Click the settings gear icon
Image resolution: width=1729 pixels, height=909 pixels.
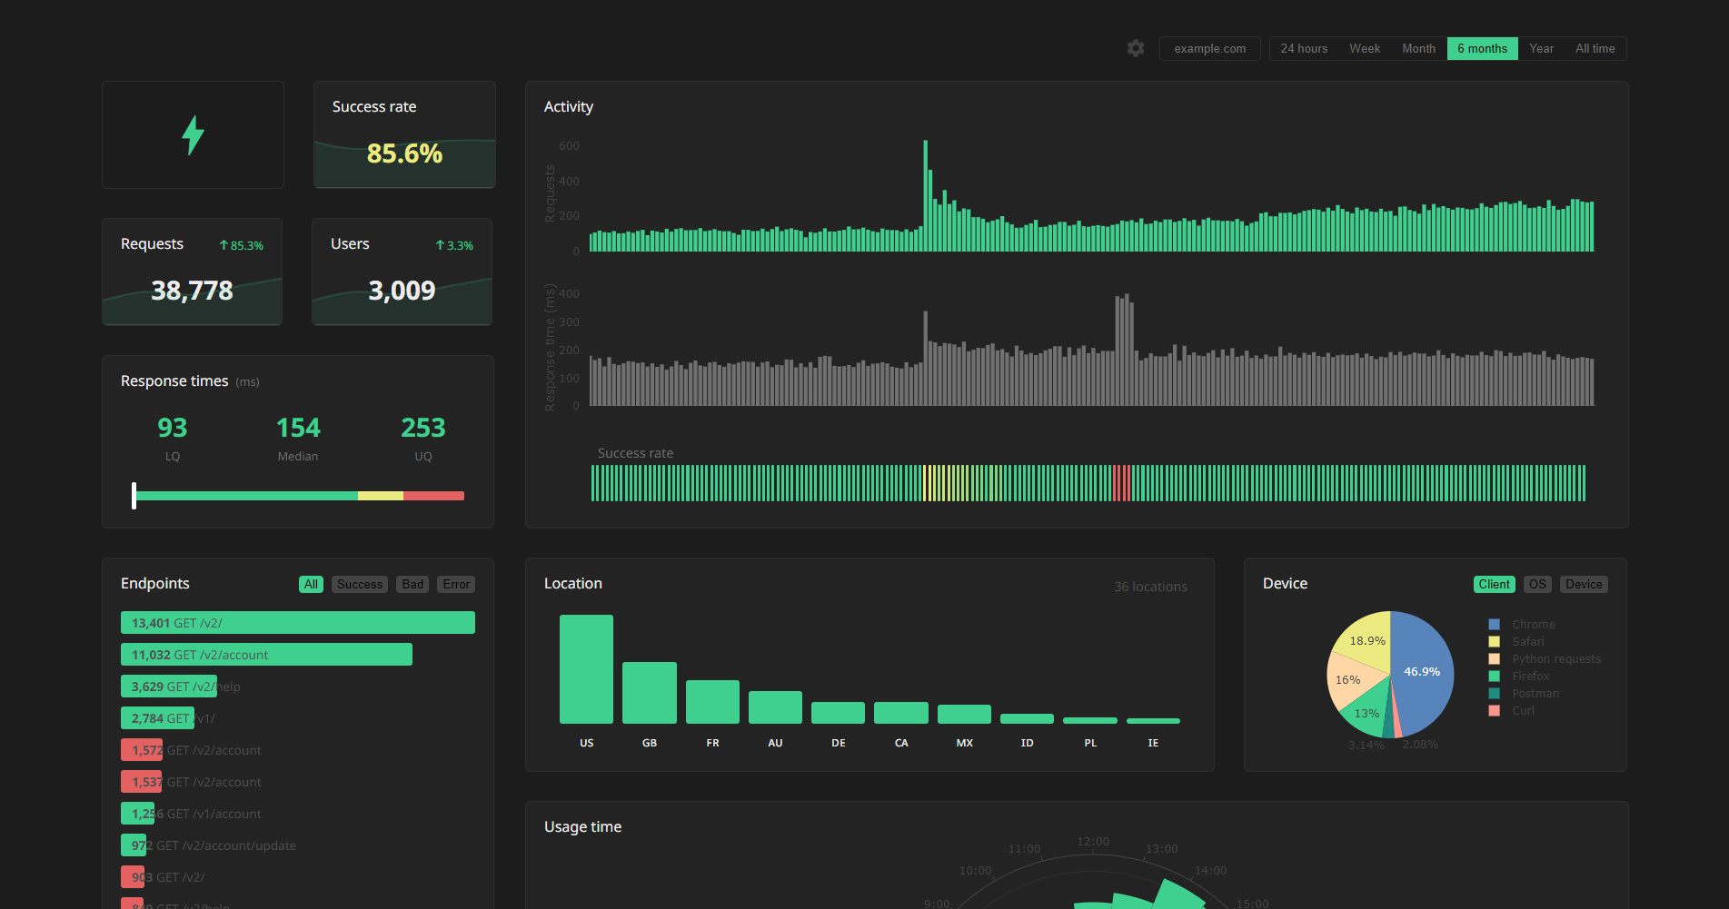pos(1136,48)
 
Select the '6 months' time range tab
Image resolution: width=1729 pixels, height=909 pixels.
pos(1482,48)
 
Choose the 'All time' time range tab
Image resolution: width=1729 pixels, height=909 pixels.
pos(1595,48)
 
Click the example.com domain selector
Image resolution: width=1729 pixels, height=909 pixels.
pos(1209,48)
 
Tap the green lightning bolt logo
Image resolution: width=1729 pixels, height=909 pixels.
pos(193,135)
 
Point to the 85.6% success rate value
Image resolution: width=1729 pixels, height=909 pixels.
pos(404,153)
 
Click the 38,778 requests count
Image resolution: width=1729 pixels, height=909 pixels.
pos(192,291)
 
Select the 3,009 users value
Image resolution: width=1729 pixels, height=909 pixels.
pos(402,291)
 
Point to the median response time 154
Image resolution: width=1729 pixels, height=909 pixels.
pos(298,428)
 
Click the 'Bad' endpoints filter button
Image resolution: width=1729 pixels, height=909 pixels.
pos(412,584)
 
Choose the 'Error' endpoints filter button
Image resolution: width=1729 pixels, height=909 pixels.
pos(456,584)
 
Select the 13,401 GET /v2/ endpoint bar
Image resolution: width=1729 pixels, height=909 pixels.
pos(297,622)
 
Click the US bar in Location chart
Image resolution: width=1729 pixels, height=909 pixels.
pos(586,668)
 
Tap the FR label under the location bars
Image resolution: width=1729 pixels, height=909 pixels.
pos(712,743)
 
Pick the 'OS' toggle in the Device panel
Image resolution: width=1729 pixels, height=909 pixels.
pos(1536,584)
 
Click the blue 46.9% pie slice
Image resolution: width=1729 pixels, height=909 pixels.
pos(1423,672)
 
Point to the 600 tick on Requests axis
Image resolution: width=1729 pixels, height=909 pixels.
pos(569,146)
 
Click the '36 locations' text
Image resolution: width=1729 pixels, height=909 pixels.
pos(1150,587)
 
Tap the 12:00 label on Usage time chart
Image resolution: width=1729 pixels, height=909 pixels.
pos(1092,842)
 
